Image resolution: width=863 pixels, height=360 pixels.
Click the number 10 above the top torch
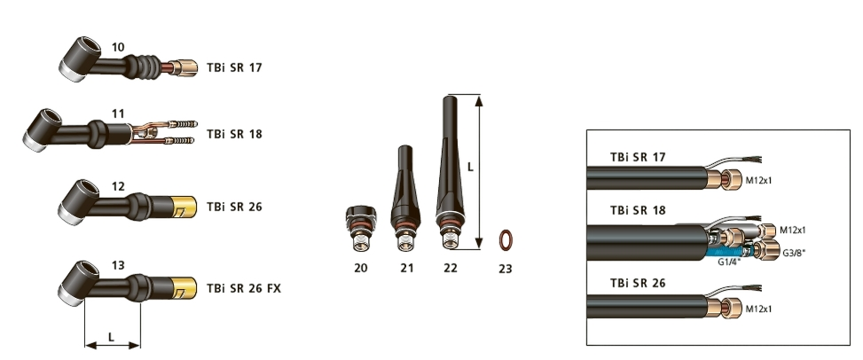pyautogui.click(x=118, y=47)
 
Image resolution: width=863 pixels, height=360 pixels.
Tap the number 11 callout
pyautogui.click(x=118, y=114)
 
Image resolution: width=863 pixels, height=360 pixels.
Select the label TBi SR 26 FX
pyautogui.click(x=244, y=288)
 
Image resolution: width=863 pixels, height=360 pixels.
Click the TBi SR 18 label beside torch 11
pyautogui.click(x=234, y=134)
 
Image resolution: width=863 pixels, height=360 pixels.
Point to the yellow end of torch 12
pyautogui.click(x=184, y=207)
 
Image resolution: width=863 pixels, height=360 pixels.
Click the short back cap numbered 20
pyautogui.click(x=360, y=229)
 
